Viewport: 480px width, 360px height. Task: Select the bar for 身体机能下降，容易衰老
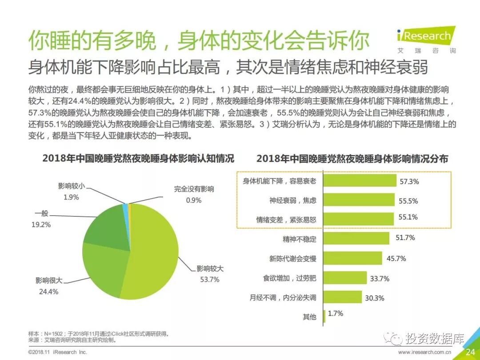pos(359,181)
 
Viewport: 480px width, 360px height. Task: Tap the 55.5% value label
pos(408,201)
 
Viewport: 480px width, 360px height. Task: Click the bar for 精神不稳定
pos(356,239)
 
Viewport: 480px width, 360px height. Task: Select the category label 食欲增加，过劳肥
pos(289,278)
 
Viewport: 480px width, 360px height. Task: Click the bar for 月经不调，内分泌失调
pos(342,297)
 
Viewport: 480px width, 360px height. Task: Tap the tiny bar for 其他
pos(324,316)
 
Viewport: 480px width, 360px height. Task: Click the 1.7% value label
pos(336,314)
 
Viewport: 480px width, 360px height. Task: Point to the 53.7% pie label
pos(210,280)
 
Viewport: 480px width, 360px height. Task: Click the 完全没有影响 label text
pos(194,189)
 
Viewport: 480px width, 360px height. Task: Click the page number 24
pos(470,352)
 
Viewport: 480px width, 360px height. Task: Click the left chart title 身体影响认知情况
pos(138,159)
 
